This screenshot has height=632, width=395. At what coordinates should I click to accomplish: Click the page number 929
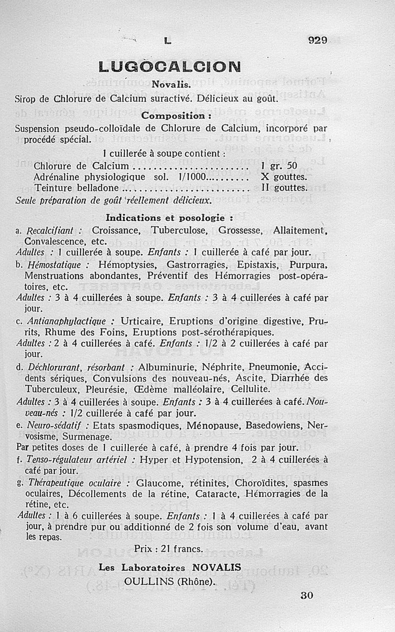(x=317, y=40)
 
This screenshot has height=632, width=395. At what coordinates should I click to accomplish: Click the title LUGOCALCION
(x=169, y=67)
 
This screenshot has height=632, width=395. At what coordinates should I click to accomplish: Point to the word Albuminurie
(x=168, y=367)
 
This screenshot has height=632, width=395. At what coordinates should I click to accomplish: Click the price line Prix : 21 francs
(x=168, y=549)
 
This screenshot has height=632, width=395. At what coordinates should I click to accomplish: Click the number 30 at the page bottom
(x=307, y=595)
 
